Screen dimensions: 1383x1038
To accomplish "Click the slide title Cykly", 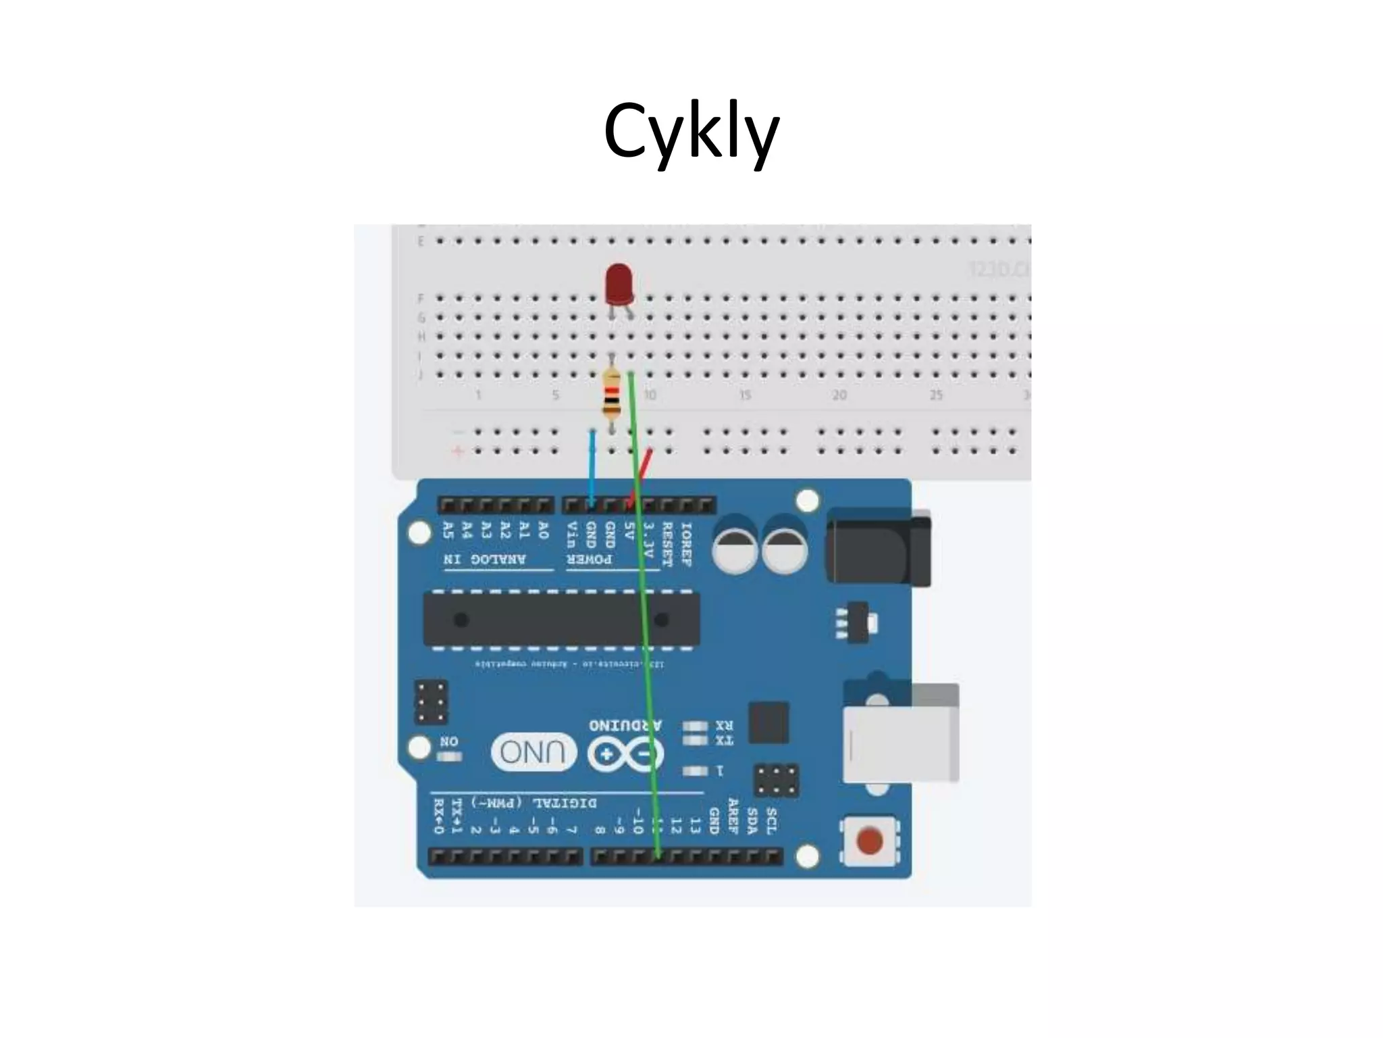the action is [691, 132].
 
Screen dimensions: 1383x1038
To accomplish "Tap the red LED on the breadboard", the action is [619, 285].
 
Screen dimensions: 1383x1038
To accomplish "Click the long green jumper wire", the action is [644, 608].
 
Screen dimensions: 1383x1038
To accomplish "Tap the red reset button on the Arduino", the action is [869, 841].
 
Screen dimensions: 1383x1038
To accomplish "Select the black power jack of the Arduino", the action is [878, 547].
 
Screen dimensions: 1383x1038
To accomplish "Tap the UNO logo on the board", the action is [533, 751].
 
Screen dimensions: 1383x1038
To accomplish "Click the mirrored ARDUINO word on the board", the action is [625, 726].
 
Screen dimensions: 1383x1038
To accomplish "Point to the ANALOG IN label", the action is [485, 560].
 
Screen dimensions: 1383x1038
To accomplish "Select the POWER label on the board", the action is [590, 560].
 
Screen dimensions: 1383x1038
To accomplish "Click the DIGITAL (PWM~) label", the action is [533, 803].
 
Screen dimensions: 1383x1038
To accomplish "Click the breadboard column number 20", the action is [839, 395].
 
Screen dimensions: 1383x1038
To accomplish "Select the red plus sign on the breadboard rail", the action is [459, 451].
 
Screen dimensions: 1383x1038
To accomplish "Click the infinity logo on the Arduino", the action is [625, 754].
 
